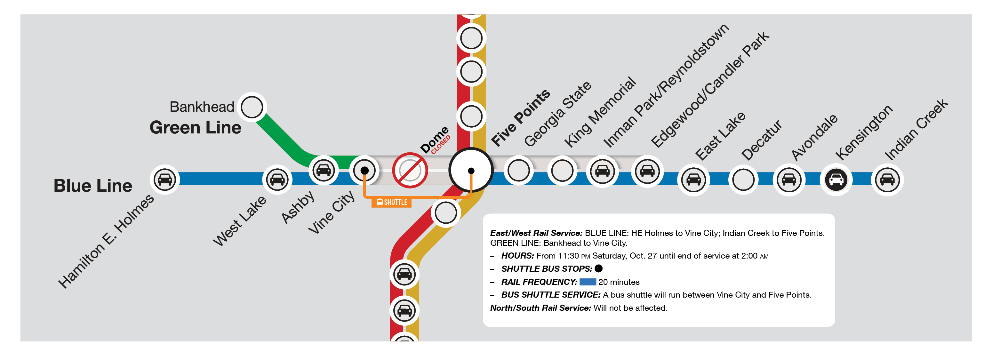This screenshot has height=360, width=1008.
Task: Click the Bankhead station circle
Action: pyautogui.click(x=252, y=107)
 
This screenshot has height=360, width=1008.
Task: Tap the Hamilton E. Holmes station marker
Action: pyautogui.click(x=165, y=180)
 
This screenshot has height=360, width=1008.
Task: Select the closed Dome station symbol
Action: pyautogui.click(x=410, y=171)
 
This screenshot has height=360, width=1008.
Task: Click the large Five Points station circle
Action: pyautogui.click(x=471, y=170)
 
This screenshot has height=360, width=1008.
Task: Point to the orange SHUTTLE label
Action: pyautogui.click(x=391, y=202)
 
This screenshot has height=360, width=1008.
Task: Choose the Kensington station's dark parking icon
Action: pyautogui.click(x=836, y=180)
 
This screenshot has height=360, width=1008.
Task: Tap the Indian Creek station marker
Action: pyautogui.click(x=887, y=180)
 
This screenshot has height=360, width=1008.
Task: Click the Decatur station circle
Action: pyautogui.click(x=743, y=180)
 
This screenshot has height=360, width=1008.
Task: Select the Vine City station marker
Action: pyautogui.click(x=364, y=170)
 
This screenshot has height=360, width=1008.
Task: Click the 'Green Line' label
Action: pyautogui.click(x=195, y=128)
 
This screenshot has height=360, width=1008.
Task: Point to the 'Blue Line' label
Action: pyautogui.click(x=93, y=186)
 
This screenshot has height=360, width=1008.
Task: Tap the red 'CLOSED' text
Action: pyautogui.click(x=441, y=145)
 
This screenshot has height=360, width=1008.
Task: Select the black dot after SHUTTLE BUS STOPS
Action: pyautogui.click(x=598, y=268)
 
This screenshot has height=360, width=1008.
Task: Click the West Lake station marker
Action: pyautogui.click(x=277, y=180)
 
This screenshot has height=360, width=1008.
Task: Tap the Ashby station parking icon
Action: pyautogui.click(x=324, y=170)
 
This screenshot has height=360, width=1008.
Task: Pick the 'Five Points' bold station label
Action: pyautogui.click(x=520, y=117)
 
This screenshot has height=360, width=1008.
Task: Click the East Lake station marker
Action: pyautogui.click(x=693, y=180)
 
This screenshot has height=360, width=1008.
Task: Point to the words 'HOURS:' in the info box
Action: pyautogui.click(x=517, y=256)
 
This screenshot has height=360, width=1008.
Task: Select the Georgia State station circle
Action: pyautogui.click(x=518, y=171)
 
